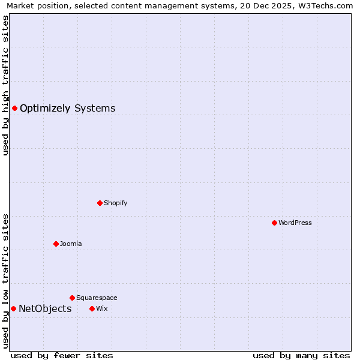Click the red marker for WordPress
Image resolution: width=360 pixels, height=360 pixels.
274,223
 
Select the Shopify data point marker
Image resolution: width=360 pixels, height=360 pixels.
100,203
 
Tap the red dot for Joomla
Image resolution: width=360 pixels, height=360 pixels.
56,244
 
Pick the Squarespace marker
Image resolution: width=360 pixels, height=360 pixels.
72,298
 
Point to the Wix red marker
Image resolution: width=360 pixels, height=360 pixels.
92,308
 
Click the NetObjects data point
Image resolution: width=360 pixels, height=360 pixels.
13,308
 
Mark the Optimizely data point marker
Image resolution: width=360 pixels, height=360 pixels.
14,108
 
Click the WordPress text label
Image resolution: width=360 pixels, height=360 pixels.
295,223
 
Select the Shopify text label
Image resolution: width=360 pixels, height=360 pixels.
116,203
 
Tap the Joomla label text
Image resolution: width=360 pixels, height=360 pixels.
71,244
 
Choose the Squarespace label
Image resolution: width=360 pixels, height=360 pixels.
97,298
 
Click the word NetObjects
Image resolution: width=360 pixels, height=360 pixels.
45,308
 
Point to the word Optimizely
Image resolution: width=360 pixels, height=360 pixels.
45,108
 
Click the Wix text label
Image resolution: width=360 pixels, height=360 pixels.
102,308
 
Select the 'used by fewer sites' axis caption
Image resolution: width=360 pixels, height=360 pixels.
62,355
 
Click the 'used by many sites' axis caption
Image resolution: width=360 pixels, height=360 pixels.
301,355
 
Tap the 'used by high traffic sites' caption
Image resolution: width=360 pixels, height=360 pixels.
6,85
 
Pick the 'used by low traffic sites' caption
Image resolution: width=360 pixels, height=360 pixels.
6,281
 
